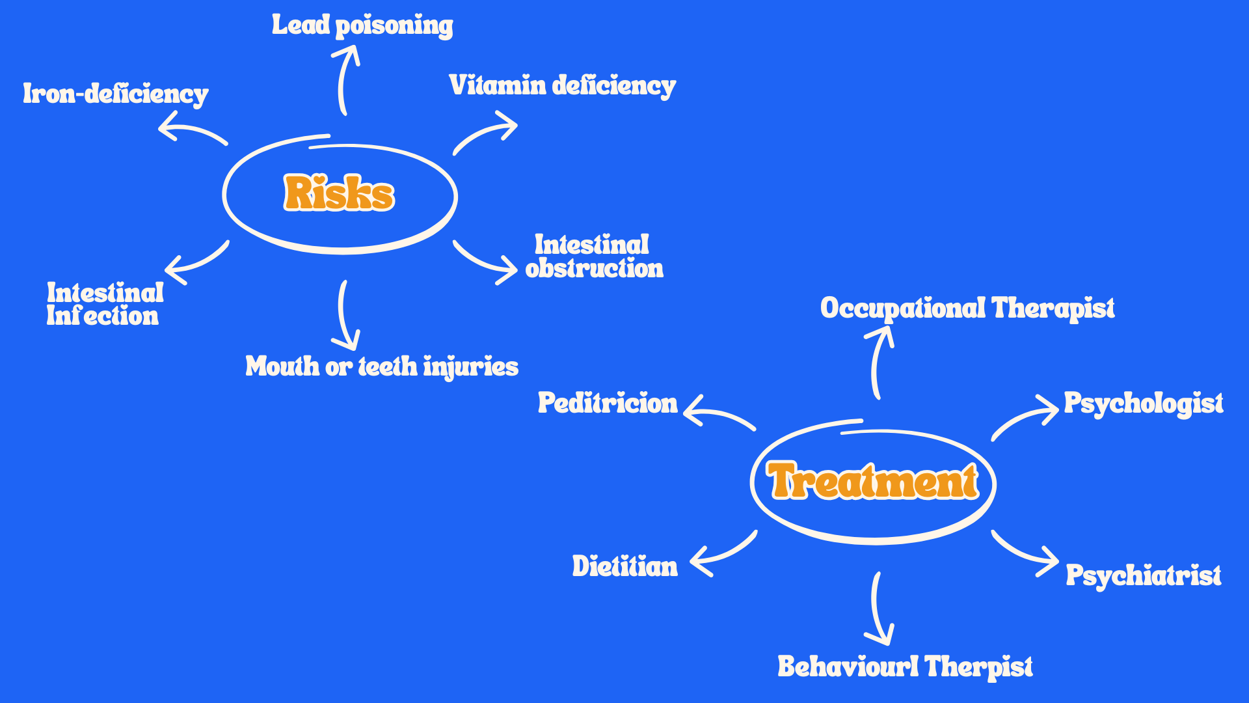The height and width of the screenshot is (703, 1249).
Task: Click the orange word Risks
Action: pos(339,193)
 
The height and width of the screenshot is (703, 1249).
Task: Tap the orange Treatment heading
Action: pos(873,481)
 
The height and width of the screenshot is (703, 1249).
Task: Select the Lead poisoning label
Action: pos(362,25)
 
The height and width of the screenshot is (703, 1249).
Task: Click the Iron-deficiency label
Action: pos(116,94)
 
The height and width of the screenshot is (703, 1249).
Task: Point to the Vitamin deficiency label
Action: pos(562,86)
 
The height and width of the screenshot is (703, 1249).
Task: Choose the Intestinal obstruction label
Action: pos(593,256)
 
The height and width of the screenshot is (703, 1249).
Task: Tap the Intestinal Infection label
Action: pos(104,304)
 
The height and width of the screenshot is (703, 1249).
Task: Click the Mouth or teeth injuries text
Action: pos(382,366)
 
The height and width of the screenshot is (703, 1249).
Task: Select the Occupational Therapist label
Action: pos(967,309)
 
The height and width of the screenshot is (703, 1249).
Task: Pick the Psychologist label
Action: pos(1143,404)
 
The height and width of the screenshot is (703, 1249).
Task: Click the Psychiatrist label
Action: pos(1143,576)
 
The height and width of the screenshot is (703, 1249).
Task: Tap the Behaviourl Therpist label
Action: pos(905,667)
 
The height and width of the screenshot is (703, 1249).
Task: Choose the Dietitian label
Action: pos(624,566)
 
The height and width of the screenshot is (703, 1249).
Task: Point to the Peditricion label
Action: pos(608,404)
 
